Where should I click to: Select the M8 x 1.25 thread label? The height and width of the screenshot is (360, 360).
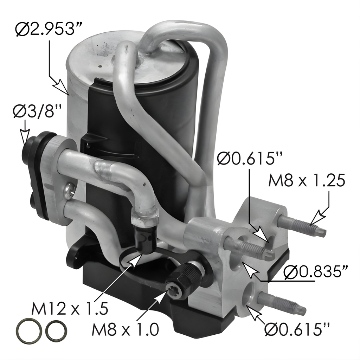307,180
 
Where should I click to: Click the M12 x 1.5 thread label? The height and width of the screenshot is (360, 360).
70,308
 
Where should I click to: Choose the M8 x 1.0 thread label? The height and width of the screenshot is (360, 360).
126,329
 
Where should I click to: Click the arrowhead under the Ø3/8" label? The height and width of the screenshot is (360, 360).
25,137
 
